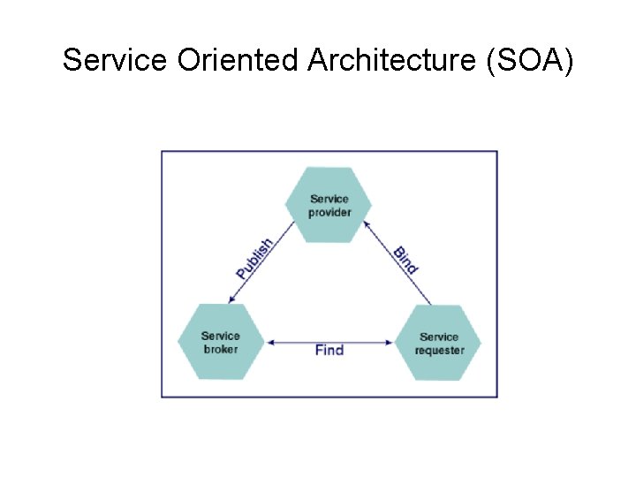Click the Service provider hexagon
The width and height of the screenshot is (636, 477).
coord(329,205)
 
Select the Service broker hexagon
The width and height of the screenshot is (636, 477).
coord(221,342)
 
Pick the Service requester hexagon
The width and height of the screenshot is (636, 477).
coord(438,343)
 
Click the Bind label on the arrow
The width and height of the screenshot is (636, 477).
coord(405,259)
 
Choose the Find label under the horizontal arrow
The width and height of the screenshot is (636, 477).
coord(329,351)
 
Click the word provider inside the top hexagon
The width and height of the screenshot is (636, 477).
coord(329,212)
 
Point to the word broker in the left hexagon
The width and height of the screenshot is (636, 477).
coord(221,349)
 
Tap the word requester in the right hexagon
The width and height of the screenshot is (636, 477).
coord(439,351)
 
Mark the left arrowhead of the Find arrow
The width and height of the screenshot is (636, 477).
coord(270,342)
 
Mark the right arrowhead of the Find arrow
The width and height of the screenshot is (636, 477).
coord(390,342)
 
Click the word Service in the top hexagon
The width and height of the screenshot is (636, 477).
coord(329,199)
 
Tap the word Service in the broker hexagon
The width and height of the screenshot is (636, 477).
coord(221,336)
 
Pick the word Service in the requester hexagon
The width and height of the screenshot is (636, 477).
coord(439,337)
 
